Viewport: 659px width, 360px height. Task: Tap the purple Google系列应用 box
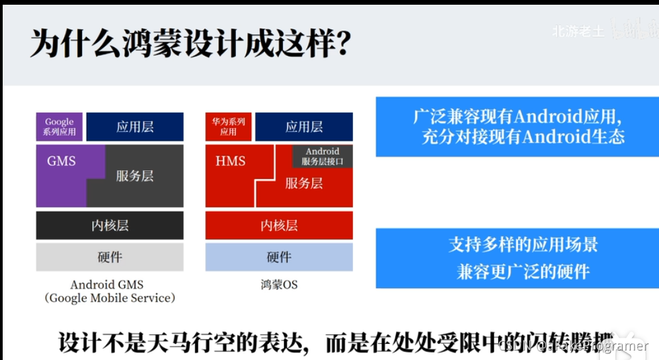[x=59, y=127]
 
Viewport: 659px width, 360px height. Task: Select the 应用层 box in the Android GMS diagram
[x=134, y=127]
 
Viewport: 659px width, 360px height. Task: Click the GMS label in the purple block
[x=61, y=161]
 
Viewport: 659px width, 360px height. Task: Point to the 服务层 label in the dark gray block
[x=134, y=176]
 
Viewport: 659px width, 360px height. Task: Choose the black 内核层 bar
[x=110, y=225]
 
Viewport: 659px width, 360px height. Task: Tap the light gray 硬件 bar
[x=110, y=257]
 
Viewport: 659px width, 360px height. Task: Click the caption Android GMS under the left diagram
[x=107, y=285]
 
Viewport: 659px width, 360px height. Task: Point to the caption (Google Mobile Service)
[x=110, y=298]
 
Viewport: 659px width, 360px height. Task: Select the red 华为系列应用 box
[x=229, y=127]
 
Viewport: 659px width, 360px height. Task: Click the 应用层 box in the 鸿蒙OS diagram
[x=304, y=127]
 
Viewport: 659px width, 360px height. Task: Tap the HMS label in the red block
[x=231, y=161]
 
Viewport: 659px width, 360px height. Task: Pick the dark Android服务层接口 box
[x=323, y=157]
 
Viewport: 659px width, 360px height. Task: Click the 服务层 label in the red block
[x=304, y=183]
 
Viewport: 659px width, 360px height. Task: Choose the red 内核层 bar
[x=279, y=225]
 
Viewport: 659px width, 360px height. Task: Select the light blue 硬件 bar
[x=279, y=257]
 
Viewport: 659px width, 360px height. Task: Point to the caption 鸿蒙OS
[x=278, y=285]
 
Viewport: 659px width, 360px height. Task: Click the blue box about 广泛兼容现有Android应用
[x=517, y=127]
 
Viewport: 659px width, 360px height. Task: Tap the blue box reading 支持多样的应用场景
[x=517, y=258]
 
